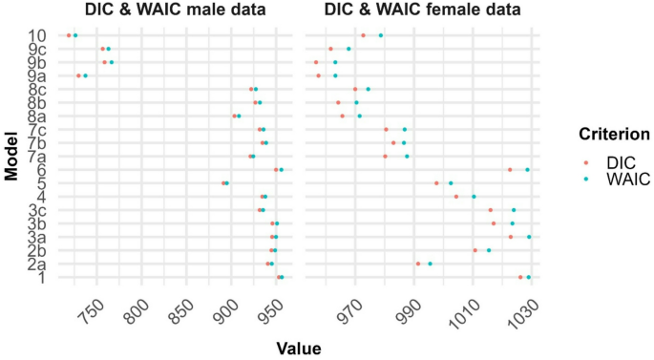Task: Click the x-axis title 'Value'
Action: point(299,349)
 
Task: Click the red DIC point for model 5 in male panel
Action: point(223,182)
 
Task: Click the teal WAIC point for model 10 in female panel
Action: point(381,35)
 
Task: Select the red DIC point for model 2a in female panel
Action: point(418,264)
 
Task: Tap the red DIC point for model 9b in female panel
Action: point(316,62)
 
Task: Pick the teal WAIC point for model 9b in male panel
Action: point(112,62)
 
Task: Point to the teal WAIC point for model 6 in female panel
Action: point(527,169)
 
